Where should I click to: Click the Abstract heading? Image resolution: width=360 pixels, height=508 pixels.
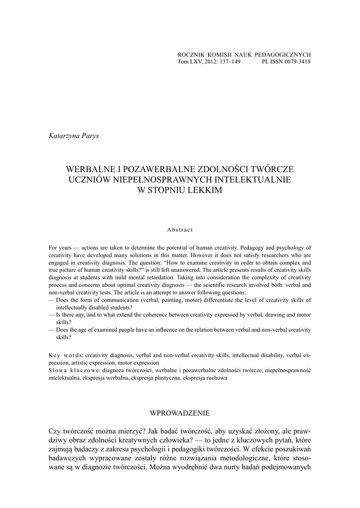180,230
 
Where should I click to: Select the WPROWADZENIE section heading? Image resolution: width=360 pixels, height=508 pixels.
180,413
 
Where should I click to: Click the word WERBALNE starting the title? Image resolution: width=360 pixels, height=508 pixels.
91,170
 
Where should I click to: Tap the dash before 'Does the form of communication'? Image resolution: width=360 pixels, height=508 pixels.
52,300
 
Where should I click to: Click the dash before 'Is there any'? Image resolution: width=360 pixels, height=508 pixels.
52,315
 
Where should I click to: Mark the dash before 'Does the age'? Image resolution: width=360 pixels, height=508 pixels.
52,329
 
